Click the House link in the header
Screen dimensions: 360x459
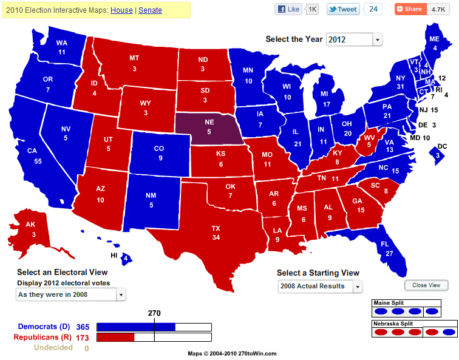(121, 10)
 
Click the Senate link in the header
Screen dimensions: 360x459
(150, 10)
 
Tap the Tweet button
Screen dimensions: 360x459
(342, 9)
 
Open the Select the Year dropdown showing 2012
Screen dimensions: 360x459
(354, 39)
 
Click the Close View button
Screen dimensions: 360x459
(426, 285)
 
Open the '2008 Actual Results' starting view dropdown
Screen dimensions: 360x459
(319, 286)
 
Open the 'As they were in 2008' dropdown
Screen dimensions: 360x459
(70, 294)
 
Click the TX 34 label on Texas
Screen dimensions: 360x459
(215, 233)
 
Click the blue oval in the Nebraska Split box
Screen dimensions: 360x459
(449, 332)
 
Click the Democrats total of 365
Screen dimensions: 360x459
(83, 327)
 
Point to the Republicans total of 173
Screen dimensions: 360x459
(83, 337)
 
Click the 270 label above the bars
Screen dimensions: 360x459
(154, 313)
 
